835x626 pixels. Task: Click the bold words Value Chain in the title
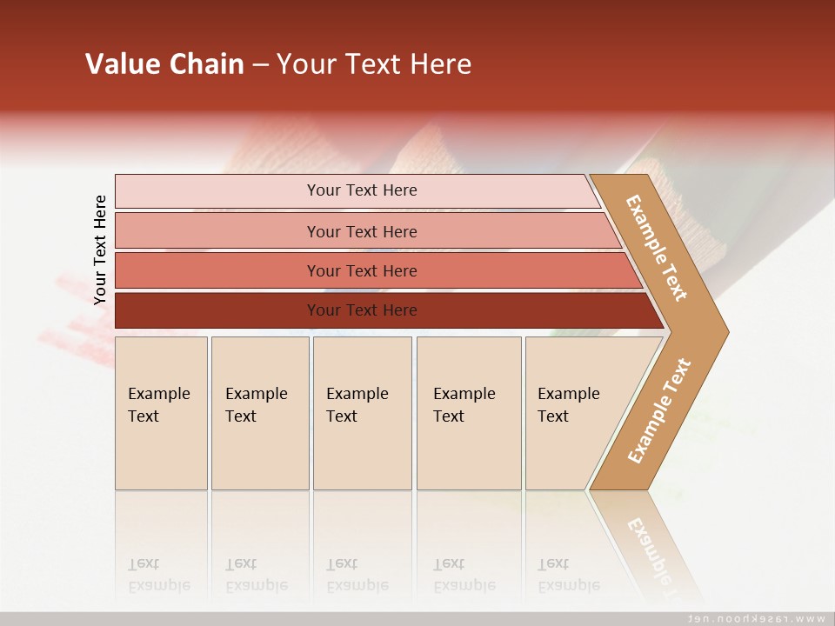point(164,63)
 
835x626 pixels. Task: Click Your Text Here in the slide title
point(374,63)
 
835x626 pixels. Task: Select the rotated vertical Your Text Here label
point(100,250)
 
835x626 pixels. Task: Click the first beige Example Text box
point(161,452)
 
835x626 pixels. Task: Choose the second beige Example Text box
point(259,452)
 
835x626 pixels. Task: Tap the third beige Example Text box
point(362,452)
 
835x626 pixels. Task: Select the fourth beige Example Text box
point(468,452)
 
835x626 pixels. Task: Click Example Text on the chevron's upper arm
point(657,248)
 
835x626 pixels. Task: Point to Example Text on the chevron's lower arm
point(658,410)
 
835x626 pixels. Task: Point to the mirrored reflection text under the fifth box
point(568,575)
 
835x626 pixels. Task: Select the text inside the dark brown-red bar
point(362,310)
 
